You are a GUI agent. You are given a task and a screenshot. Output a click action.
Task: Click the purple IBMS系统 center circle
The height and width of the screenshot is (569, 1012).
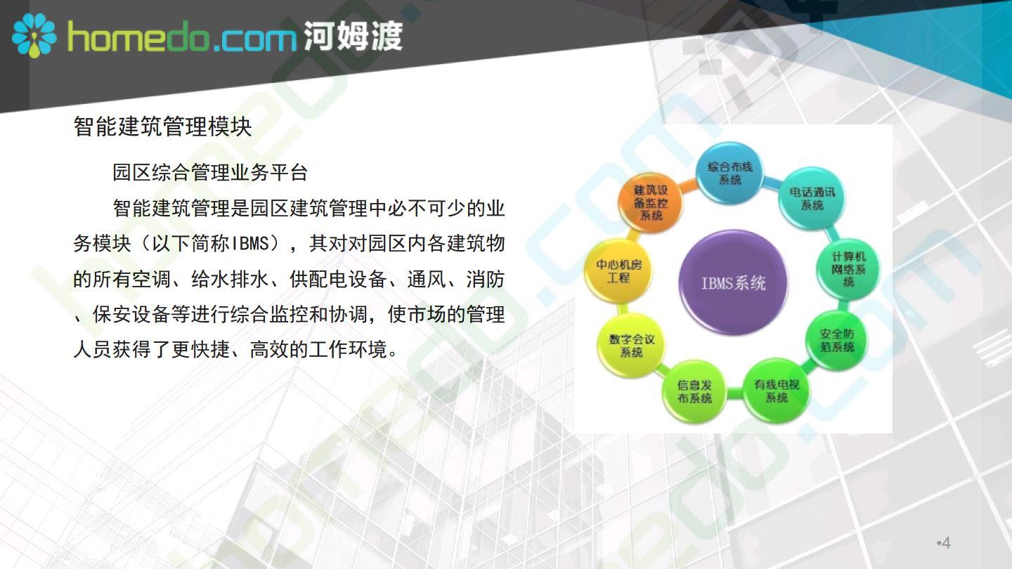pos(733,282)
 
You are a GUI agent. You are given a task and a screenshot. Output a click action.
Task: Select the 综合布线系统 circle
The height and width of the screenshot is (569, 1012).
pos(729,174)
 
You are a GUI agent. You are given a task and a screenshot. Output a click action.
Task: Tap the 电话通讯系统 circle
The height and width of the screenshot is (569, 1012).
pos(812,199)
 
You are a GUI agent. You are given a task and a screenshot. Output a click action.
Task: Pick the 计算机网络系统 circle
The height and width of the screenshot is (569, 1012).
pos(848,269)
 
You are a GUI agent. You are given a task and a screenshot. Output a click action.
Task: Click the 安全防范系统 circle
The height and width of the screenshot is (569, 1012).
pos(837,341)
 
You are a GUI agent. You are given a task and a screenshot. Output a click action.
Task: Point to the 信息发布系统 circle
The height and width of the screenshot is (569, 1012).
pos(694,391)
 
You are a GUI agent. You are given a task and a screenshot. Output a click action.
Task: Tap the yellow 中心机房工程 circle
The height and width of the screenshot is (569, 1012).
pos(618,271)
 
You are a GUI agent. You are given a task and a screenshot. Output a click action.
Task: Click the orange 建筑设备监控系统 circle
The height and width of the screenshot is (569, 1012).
pos(651,203)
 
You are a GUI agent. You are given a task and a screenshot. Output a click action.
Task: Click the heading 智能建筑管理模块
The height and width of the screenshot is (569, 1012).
pos(162,126)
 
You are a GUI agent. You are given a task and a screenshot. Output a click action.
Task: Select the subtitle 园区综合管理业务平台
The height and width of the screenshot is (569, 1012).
pos(210,173)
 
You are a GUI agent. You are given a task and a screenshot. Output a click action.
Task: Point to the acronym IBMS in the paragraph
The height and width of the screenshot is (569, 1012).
pos(250,244)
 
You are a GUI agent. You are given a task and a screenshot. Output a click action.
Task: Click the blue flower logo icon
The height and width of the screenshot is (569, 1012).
pos(34,36)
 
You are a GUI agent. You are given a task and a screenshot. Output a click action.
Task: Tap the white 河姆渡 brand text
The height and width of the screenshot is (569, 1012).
pos(353,36)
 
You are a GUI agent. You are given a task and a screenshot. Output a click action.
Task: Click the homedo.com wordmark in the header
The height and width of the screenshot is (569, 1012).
pos(181,37)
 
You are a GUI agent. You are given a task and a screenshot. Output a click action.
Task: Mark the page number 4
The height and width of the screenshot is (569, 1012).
pos(945,542)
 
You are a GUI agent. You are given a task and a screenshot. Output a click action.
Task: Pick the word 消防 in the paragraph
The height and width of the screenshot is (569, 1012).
pos(485,280)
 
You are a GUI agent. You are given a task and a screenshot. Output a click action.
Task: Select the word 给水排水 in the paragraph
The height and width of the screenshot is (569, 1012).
pos(230,280)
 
